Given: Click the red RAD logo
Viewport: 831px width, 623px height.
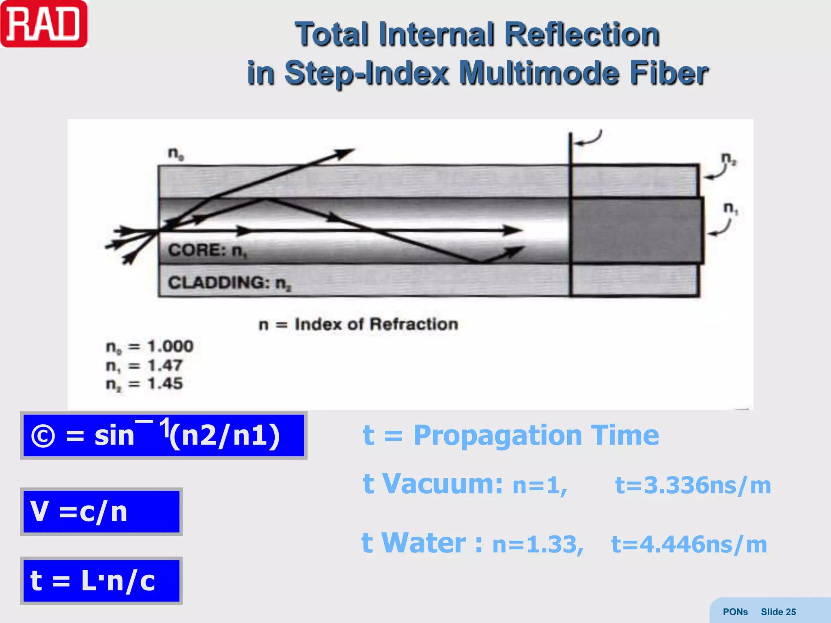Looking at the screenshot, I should click(44, 24).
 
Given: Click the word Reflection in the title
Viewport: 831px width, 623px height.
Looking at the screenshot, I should click(581, 34).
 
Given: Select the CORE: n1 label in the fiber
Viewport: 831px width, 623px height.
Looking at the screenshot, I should click(207, 250).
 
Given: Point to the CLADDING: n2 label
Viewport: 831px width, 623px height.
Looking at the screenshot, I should click(229, 283).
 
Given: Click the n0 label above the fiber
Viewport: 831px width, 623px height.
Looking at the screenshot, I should click(176, 153).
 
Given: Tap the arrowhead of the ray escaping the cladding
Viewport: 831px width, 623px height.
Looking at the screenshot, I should click(345, 153).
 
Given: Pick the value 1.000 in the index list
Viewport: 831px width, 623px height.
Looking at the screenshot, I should click(170, 346).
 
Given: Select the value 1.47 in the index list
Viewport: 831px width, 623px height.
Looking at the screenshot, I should click(165, 365).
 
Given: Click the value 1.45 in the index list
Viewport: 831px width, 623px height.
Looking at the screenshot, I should click(165, 383).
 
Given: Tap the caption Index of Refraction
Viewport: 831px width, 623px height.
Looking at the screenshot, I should click(376, 324).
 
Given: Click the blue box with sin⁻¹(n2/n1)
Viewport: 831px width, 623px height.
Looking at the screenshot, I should click(164, 436).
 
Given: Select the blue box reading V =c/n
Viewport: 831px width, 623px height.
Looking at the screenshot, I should click(101, 511).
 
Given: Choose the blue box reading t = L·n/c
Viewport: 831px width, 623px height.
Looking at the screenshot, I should click(101, 580).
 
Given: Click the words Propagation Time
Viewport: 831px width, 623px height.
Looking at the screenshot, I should click(536, 435).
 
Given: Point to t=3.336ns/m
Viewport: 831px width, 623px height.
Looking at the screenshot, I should click(693, 485).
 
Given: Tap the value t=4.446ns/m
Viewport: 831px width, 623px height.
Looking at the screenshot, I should click(689, 544).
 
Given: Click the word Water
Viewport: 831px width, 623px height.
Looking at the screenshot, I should click(424, 543).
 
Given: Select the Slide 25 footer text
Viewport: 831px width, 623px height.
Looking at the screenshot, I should click(778, 612).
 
